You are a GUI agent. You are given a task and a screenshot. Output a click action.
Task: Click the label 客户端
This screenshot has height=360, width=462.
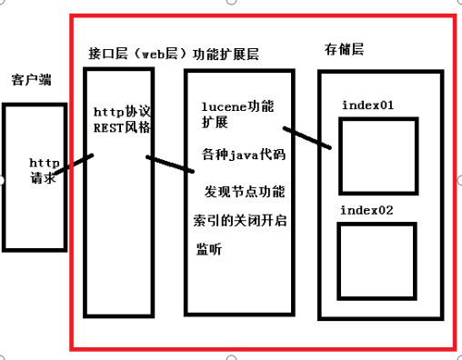[32, 80]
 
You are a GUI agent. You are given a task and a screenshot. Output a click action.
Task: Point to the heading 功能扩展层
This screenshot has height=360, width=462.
[227, 54]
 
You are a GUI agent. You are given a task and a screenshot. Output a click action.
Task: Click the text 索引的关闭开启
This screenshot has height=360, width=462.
[240, 221]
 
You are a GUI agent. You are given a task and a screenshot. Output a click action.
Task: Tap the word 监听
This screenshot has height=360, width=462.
[208, 250]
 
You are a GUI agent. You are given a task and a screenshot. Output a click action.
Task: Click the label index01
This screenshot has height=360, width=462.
[367, 105]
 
